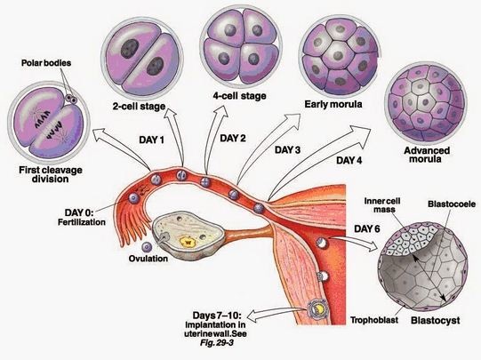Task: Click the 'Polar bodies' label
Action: pos(46,65)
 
